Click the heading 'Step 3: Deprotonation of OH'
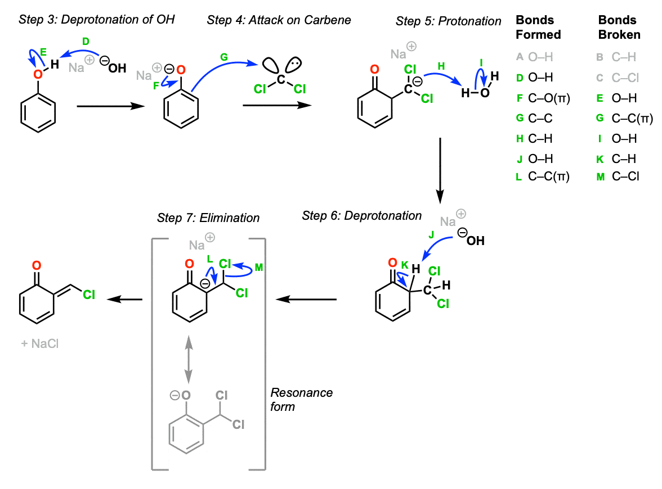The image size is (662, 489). point(96,20)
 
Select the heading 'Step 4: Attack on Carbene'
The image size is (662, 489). point(279,20)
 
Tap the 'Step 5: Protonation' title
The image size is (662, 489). point(448,21)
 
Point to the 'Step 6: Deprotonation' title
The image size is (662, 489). point(361,216)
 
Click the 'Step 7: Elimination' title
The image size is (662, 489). point(208,218)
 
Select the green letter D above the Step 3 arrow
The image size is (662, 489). point(86,41)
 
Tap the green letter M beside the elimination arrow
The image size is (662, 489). point(258,268)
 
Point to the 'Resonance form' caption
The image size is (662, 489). point(301,399)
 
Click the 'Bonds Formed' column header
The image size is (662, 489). point(538,28)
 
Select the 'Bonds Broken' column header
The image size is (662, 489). point(619,28)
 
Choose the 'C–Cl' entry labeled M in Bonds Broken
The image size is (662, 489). point(625,177)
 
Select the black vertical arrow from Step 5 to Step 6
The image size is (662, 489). point(440,168)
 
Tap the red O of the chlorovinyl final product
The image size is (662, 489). point(37,265)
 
